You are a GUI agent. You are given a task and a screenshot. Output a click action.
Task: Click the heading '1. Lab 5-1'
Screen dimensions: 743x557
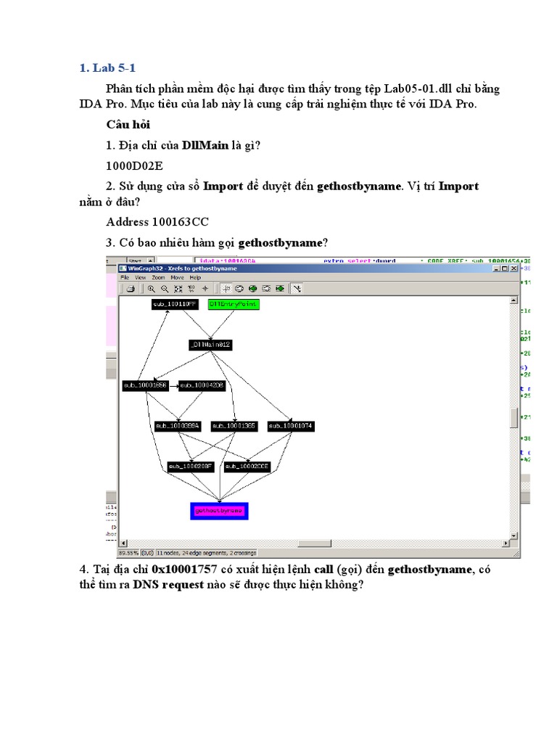click(107, 68)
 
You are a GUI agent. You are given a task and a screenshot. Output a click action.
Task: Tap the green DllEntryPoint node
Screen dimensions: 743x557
click(233, 304)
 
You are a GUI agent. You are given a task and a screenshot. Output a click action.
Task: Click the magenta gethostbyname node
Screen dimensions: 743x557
click(219, 511)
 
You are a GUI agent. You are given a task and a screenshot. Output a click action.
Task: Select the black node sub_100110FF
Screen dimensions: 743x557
click(174, 304)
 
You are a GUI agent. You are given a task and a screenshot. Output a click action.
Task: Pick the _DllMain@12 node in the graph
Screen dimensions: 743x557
click(210, 345)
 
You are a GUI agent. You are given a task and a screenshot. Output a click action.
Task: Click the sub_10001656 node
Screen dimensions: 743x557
click(145, 385)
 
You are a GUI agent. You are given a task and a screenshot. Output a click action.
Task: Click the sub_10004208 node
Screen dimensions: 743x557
click(202, 385)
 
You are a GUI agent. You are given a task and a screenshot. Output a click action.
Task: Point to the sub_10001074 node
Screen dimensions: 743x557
click(290, 426)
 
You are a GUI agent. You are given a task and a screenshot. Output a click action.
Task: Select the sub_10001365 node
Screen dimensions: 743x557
click(233, 426)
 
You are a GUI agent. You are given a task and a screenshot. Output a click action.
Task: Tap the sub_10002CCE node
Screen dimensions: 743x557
click(247, 467)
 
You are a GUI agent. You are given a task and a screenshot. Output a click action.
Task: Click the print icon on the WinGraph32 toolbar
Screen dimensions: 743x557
click(131, 288)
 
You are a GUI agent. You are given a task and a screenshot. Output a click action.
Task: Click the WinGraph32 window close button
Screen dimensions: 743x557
click(535, 268)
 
